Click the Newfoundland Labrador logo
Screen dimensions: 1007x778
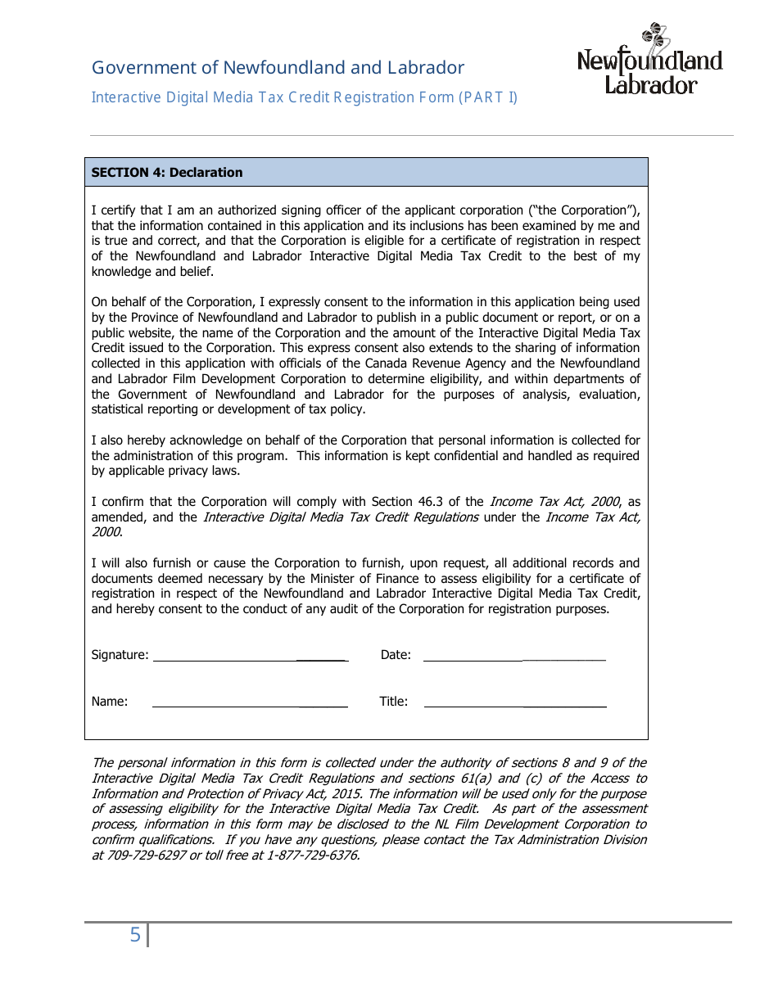tap(650, 59)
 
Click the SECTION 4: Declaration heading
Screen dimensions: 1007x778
tap(167, 173)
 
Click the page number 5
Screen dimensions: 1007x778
tap(135, 935)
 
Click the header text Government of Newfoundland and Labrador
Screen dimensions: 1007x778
tap(278, 68)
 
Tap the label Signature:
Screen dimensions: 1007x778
tap(120, 655)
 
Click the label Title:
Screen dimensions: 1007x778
tap(393, 702)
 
